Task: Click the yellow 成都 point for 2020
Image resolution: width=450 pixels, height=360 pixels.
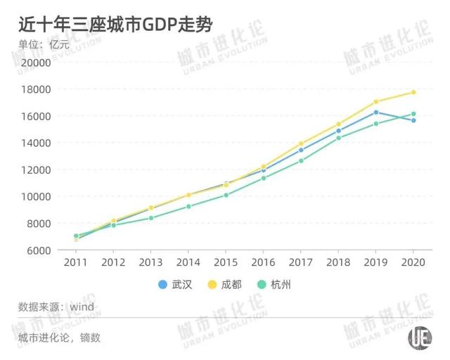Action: click(x=413, y=92)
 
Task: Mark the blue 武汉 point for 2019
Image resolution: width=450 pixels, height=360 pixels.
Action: click(x=375, y=112)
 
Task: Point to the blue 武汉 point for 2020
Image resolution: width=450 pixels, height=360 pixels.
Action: click(x=413, y=120)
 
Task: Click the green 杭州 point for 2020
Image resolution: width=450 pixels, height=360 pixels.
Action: click(x=413, y=114)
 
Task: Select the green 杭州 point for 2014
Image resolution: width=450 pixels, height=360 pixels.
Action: click(x=188, y=206)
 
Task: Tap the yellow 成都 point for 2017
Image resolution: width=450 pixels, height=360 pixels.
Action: click(x=301, y=143)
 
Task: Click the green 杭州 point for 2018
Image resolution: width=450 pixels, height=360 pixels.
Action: click(x=338, y=138)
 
